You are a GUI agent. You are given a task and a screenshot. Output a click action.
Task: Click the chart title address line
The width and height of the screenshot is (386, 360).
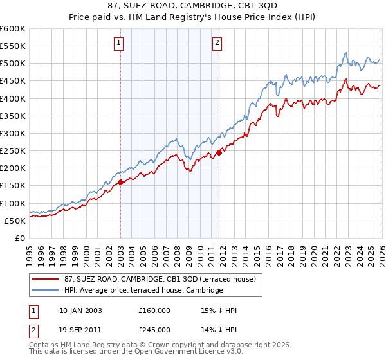point(193,6)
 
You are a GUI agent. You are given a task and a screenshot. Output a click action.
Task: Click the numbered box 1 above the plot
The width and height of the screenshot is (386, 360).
point(120,44)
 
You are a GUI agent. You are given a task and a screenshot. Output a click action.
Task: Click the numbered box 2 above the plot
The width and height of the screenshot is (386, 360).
point(217,44)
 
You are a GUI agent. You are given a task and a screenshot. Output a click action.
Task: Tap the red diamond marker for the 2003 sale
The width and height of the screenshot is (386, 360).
point(120,182)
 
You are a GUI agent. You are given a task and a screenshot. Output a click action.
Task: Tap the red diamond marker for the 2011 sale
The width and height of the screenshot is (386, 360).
point(219,152)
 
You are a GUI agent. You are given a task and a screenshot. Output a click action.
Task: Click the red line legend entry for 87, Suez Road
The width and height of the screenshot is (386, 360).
point(160,279)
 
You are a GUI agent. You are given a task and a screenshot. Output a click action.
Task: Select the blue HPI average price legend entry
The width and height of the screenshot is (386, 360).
point(143,291)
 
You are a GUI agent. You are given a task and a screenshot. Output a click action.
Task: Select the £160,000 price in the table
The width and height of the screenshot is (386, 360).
point(154,310)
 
